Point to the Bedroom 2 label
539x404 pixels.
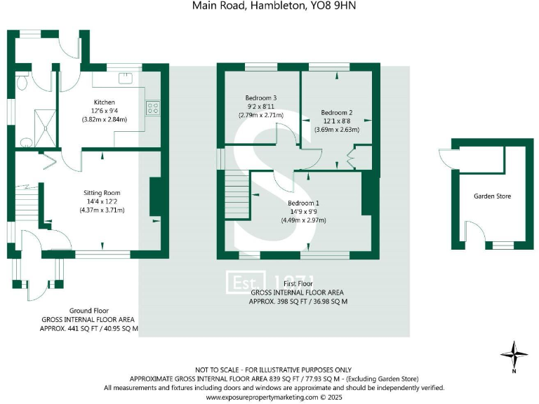(337, 112)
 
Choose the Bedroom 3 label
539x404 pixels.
(260, 97)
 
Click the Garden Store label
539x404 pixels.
(491, 196)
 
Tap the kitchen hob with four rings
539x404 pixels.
(154, 108)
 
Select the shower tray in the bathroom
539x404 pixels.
(45, 128)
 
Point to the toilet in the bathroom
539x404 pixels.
(22, 82)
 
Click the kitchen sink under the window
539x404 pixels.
(127, 77)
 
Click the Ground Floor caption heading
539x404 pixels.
(88, 311)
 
